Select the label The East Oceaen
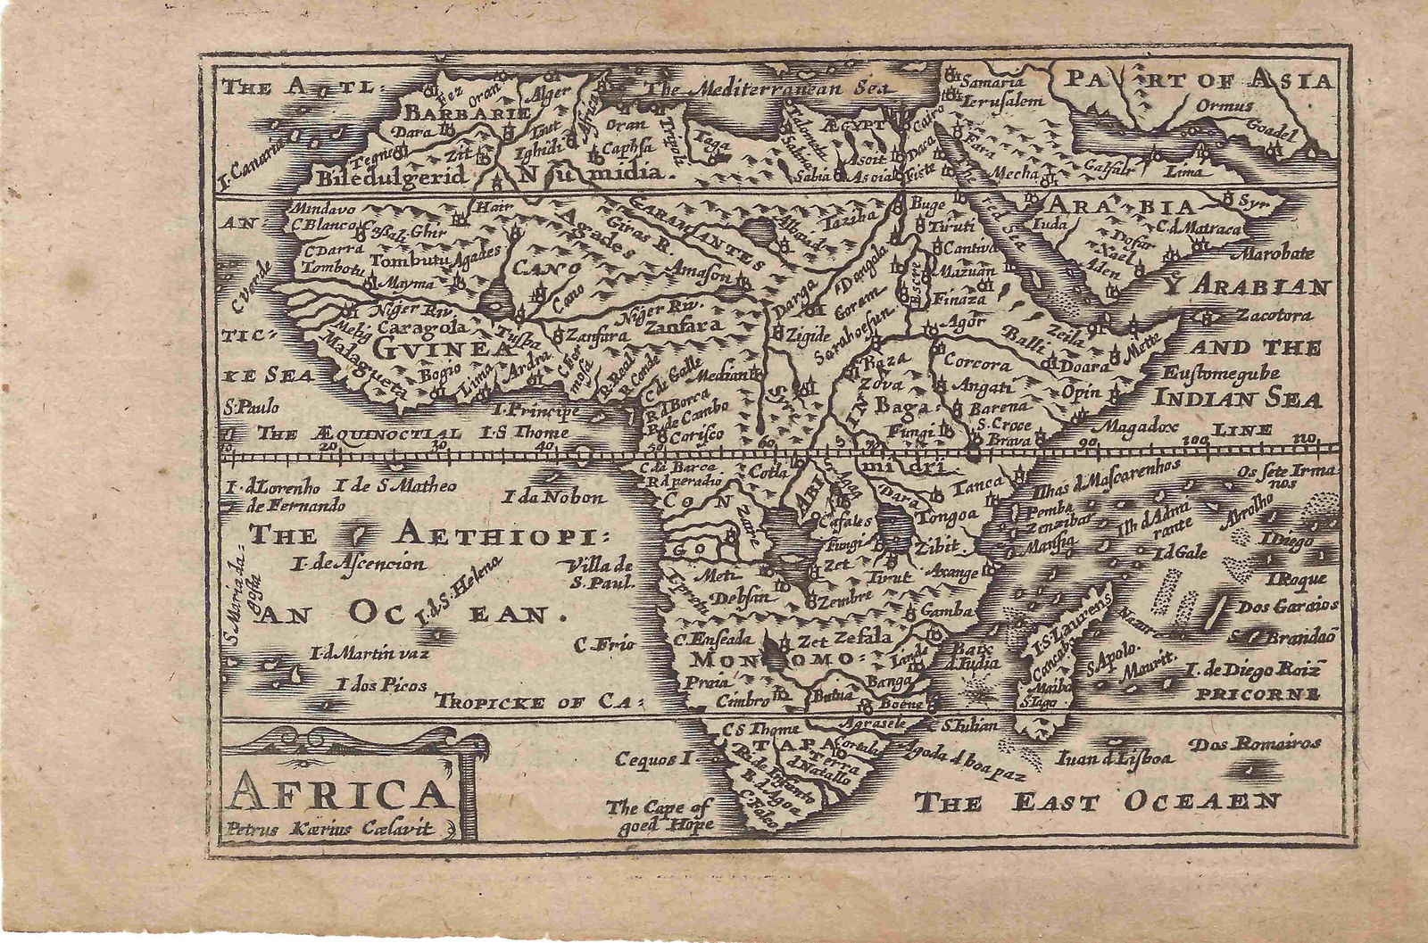pos(1098,800)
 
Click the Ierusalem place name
pos(1004,101)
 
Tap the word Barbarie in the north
pos(469,113)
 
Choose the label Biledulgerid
pos(392,176)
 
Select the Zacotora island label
pos(1274,315)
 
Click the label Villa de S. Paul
pos(599,575)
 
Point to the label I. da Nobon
pos(554,497)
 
